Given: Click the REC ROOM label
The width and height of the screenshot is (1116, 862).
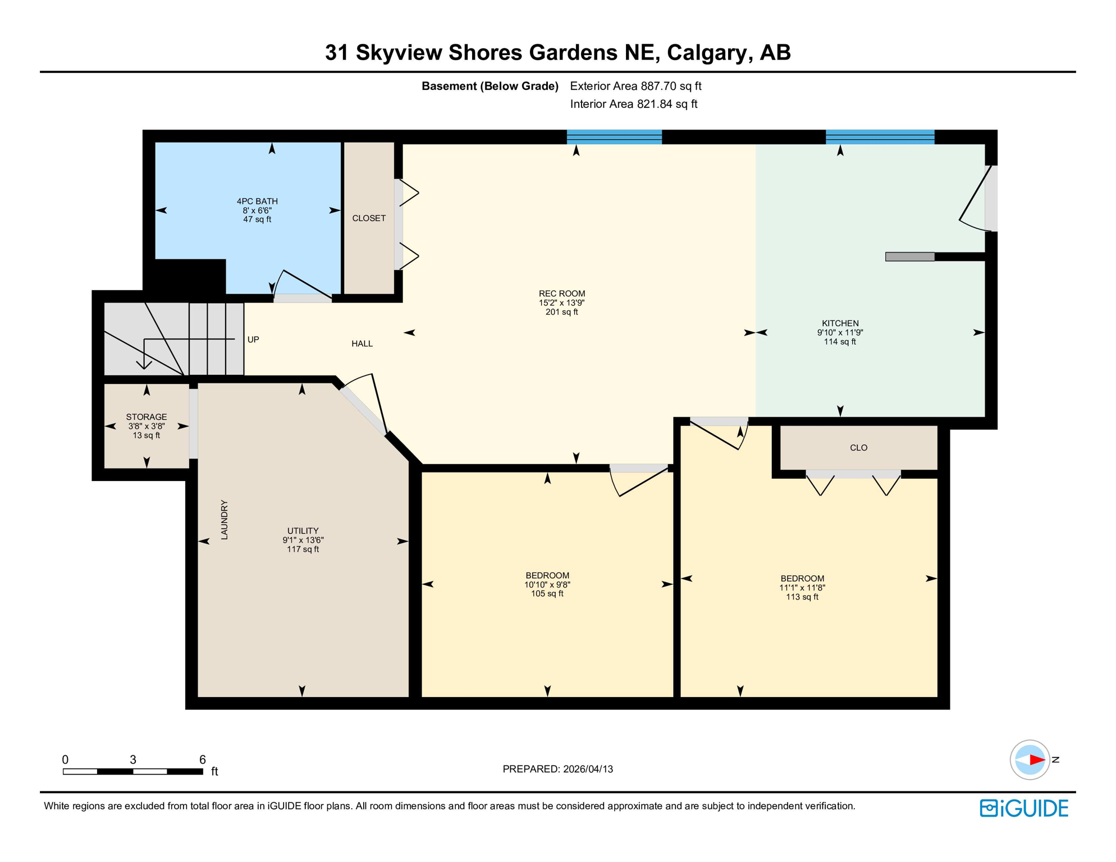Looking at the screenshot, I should (x=561, y=294).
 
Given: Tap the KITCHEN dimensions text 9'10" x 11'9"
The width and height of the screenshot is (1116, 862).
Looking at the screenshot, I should (x=840, y=332).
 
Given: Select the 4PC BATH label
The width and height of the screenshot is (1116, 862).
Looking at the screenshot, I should (x=257, y=201).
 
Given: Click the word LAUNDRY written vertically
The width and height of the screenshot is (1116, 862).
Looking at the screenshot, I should (x=225, y=520).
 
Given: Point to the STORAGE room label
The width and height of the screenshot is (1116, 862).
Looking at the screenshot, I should (x=147, y=417).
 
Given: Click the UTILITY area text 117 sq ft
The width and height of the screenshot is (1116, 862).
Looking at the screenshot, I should (x=303, y=549).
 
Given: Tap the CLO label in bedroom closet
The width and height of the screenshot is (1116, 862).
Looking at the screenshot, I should (x=858, y=448).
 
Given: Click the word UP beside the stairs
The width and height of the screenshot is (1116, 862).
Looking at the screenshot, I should (x=253, y=340).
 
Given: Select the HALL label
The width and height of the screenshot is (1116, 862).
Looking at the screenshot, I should (x=362, y=343).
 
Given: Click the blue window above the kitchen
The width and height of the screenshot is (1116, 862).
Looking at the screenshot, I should (x=880, y=137).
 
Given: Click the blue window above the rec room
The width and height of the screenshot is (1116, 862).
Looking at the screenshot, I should (x=614, y=137).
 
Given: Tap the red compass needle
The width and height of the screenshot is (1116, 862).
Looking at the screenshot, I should (x=1036, y=760).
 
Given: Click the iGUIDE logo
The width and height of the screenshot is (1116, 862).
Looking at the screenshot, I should (x=1024, y=808).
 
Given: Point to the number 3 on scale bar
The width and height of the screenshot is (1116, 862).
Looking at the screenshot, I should (x=133, y=759).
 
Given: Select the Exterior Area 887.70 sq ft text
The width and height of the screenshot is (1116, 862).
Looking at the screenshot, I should (x=635, y=86).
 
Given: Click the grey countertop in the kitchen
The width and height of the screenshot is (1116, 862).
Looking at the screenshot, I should (x=909, y=256).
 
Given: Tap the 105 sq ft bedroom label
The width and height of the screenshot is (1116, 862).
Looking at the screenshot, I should (x=547, y=594).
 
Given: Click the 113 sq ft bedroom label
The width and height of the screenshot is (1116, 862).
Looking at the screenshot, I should (x=802, y=597).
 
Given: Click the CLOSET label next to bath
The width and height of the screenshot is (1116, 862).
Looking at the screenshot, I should (x=369, y=218).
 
